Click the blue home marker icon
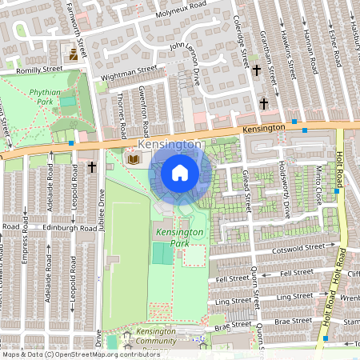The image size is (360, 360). (180, 172)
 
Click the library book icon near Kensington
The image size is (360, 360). (133, 159)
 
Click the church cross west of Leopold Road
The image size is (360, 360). (92, 167)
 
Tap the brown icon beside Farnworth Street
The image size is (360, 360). (74, 54)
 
